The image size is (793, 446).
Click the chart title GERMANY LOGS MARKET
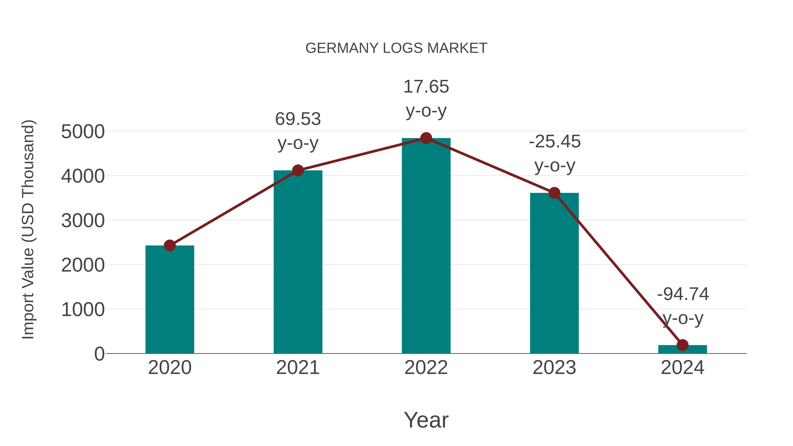pyautogui.click(x=396, y=48)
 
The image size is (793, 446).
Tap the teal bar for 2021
pyautogui.click(x=298, y=262)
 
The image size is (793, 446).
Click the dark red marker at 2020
pyautogui.click(x=170, y=246)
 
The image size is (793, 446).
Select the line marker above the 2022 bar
pyautogui.click(x=426, y=138)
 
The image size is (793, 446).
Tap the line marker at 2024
pyautogui.click(x=682, y=345)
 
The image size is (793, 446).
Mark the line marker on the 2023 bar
pyautogui.click(x=554, y=193)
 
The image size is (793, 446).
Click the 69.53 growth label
pyautogui.click(x=298, y=119)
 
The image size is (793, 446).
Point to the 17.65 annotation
pyautogui.click(x=426, y=87)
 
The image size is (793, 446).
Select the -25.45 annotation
pyautogui.click(x=554, y=142)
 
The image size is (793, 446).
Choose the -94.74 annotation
pyautogui.click(x=683, y=294)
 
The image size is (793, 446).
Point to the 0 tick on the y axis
pyautogui.click(x=99, y=354)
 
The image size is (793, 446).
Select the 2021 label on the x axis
pyautogui.click(x=298, y=368)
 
